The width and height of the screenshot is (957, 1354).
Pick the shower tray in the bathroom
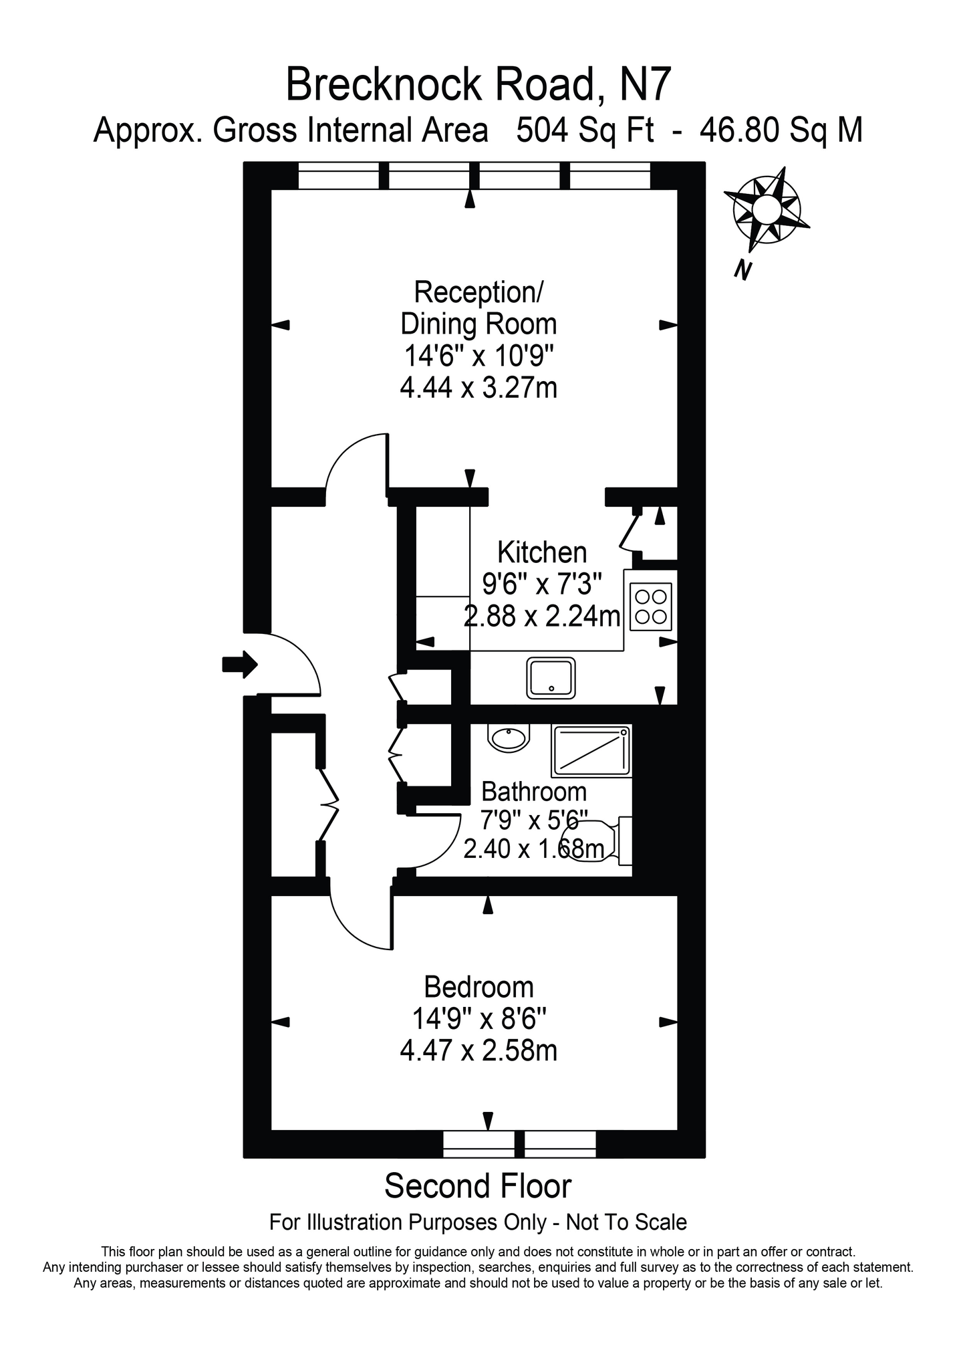pyautogui.click(x=591, y=751)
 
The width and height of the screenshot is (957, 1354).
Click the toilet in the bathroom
pyautogui.click(x=601, y=840)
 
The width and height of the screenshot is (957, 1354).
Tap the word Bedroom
pyautogui.click(x=479, y=987)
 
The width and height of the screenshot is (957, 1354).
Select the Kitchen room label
pyautogui.click(x=543, y=553)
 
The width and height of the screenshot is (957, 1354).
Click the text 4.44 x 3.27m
pyautogui.click(x=479, y=388)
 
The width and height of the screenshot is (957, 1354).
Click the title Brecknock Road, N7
pyautogui.click(x=478, y=85)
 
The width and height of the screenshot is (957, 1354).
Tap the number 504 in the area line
pyautogui.click(x=542, y=130)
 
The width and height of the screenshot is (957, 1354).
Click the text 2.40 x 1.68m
pyautogui.click(x=535, y=849)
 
